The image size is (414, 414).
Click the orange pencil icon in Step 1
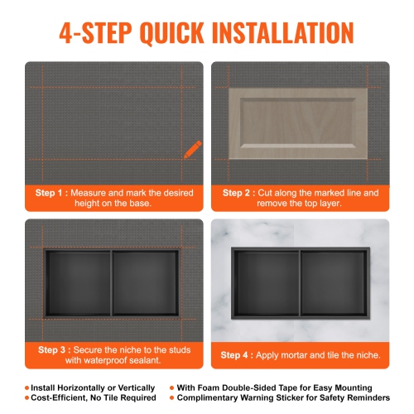tap(192, 150)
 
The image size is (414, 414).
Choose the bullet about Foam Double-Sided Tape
tap(274, 388)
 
